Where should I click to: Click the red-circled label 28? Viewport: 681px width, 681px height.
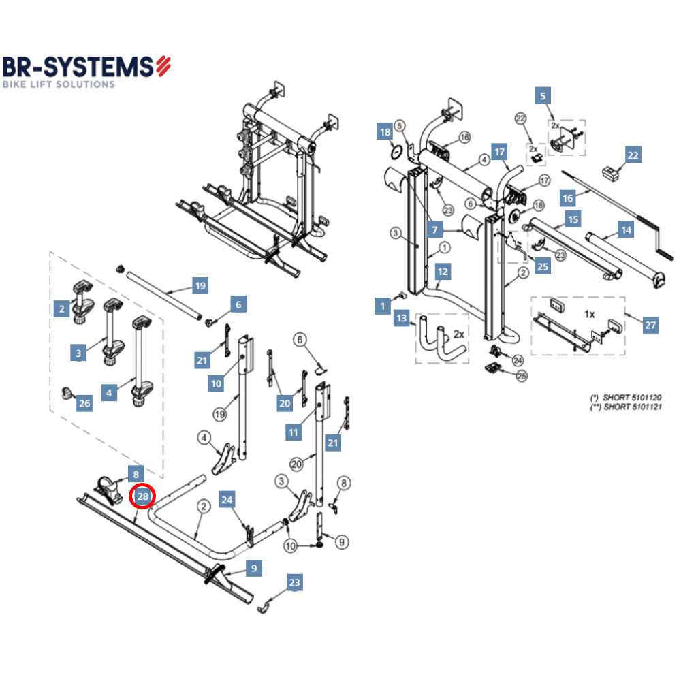(x=142, y=496)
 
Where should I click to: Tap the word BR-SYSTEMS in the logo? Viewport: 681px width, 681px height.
(x=78, y=66)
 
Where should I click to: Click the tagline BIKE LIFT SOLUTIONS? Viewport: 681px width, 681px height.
(x=59, y=84)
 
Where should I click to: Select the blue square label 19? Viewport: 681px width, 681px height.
(x=200, y=286)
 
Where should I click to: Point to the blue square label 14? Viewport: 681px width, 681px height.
(x=625, y=229)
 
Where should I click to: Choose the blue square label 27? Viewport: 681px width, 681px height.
(x=651, y=326)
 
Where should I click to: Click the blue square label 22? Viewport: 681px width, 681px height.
(x=633, y=155)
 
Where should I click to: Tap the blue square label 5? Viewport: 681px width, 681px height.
(x=543, y=96)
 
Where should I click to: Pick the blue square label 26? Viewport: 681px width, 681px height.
(x=84, y=404)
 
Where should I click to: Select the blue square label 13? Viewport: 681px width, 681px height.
(x=402, y=319)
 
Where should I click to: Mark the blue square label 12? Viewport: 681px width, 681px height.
(x=443, y=272)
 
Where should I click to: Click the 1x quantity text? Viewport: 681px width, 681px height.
(x=590, y=314)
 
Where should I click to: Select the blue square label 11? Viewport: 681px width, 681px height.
(x=294, y=432)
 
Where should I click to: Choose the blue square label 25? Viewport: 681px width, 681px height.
(x=542, y=266)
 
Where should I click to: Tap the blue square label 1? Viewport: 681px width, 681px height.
(x=383, y=306)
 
